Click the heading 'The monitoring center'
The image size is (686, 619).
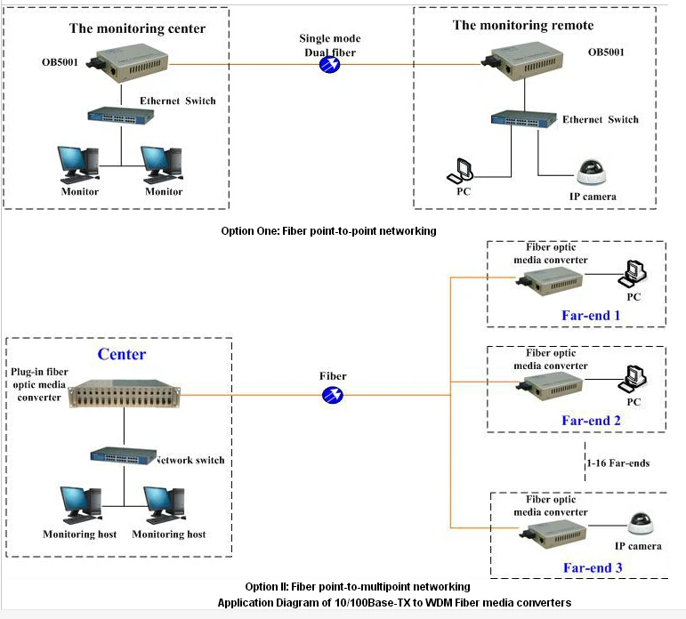tap(137, 28)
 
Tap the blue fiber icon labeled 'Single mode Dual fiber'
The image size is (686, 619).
tap(330, 65)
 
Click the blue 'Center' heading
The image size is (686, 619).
tap(121, 354)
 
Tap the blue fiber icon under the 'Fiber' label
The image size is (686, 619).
tap(333, 394)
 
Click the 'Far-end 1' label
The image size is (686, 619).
tap(591, 315)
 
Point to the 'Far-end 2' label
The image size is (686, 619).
tap(591, 421)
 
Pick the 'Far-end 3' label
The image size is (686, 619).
tap(591, 567)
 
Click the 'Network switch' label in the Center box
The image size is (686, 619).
tap(190, 460)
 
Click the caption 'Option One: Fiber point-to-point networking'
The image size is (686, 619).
tap(328, 230)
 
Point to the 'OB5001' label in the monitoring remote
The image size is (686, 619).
tap(606, 52)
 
